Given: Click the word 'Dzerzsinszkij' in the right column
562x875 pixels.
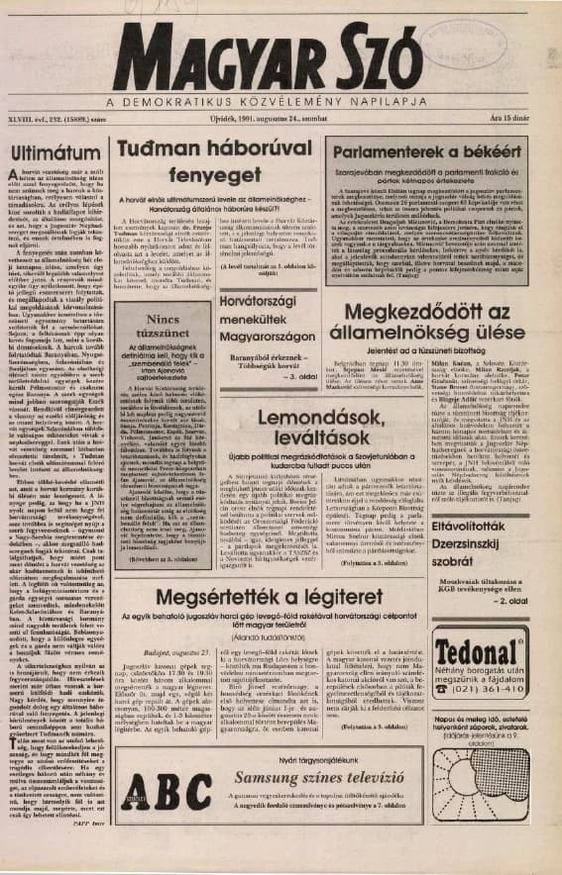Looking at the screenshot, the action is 484,528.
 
